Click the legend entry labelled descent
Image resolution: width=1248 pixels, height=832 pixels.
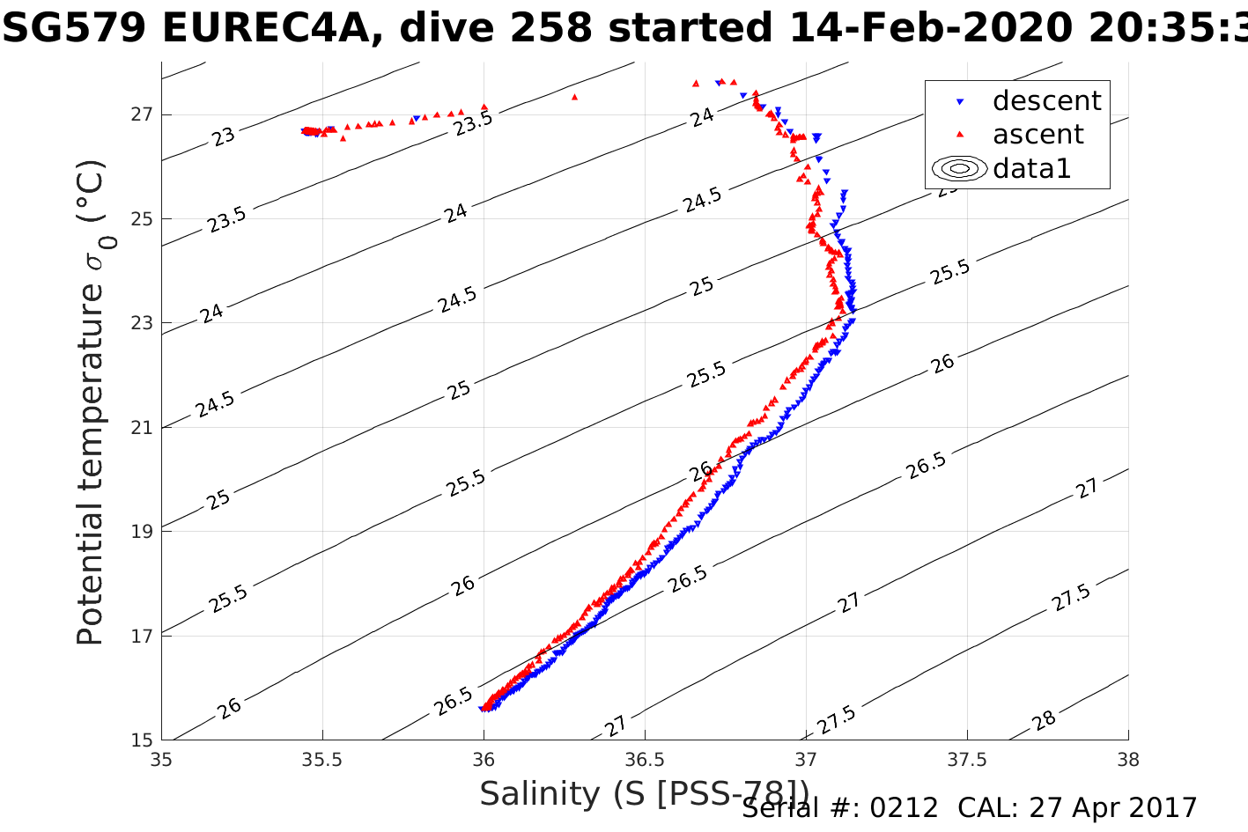(1046, 101)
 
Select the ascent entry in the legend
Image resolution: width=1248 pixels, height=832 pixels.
(1038, 135)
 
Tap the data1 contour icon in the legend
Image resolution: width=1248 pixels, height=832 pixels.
(960, 168)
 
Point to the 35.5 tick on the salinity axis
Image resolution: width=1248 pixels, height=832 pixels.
(322, 758)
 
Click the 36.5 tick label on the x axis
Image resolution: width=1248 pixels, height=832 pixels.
(645, 758)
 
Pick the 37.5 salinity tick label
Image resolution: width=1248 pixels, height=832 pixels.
(967, 758)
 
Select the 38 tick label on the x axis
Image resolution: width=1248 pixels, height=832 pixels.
(1128, 758)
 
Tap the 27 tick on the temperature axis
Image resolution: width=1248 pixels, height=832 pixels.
(143, 114)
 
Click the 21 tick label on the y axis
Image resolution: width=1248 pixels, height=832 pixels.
(143, 428)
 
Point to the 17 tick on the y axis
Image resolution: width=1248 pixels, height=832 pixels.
(143, 636)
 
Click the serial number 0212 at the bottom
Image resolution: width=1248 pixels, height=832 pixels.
(904, 808)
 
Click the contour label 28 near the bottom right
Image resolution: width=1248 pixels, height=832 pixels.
(1045, 721)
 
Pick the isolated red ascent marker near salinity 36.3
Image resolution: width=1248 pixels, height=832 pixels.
(575, 97)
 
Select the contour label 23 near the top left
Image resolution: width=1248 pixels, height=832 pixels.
(224, 136)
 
